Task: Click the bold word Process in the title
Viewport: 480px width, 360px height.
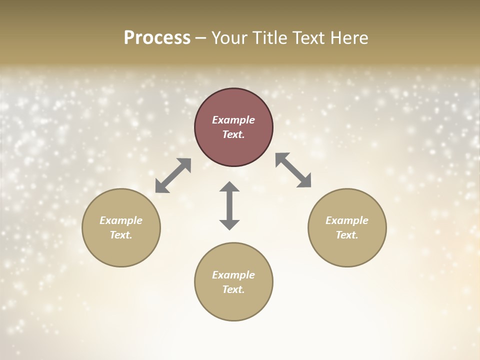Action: pos(157,38)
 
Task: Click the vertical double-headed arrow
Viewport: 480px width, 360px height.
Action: pos(229,206)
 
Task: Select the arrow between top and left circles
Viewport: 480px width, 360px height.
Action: pos(173,175)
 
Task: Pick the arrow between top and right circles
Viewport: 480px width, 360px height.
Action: pos(293,170)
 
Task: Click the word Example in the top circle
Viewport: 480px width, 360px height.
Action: pos(233,120)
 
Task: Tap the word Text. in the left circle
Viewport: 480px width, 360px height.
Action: pos(121,235)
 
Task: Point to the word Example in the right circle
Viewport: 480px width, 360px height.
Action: pos(347,220)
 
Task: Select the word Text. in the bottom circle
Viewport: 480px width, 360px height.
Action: pos(233,289)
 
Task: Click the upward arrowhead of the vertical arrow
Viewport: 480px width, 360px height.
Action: pos(229,187)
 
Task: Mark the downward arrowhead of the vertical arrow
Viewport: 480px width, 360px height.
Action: pos(229,224)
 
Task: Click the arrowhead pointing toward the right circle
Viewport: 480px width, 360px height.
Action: pos(305,182)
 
